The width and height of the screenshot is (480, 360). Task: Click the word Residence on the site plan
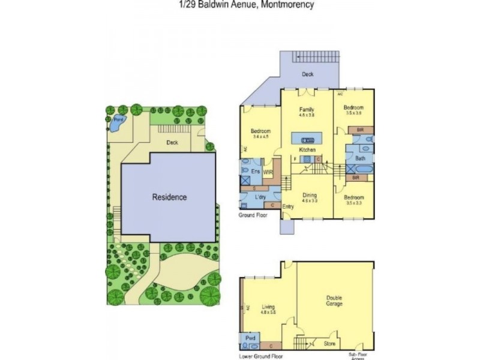click(x=169, y=197)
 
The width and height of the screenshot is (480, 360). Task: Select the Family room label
click(x=307, y=110)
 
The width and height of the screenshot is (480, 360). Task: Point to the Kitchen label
click(x=307, y=149)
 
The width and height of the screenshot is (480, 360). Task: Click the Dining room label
click(x=309, y=195)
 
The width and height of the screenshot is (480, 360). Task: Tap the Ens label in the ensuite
click(x=256, y=171)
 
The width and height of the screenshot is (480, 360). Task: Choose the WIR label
click(x=268, y=172)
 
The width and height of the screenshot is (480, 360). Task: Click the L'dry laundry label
click(x=260, y=197)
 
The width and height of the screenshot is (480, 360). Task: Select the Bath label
click(x=360, y=158)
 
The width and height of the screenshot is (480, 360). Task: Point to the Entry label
click(x=288, y=207)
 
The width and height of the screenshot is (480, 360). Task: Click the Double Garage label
click(x=334, y=301)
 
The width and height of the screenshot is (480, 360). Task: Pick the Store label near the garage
click(x=329, y=344)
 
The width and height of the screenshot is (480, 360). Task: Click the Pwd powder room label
click(x=250, y=338)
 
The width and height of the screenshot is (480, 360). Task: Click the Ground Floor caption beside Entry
click(x=252, y=214)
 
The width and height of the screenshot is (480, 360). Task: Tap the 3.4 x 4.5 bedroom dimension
click(x=260, y=136)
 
